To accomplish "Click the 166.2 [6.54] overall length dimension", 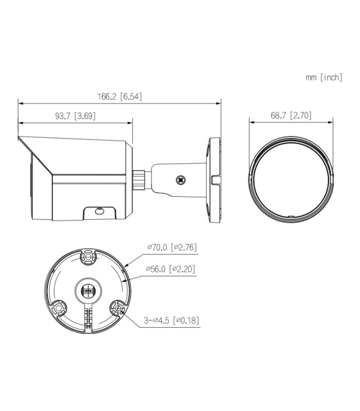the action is [x=120, y=97].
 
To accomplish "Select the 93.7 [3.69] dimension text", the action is [x=75, y=116].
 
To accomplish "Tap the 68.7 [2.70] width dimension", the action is [x=291, y=115].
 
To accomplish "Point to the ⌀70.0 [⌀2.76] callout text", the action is [x=172, y=247].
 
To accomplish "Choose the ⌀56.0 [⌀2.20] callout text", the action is [x=171, y=269].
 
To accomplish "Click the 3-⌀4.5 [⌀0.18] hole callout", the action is [x=171, y=320].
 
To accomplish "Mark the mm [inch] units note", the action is [x=324, y=78].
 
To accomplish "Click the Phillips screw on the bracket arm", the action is [x=181, y=180].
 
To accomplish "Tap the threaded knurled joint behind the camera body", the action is [x=139, y=180].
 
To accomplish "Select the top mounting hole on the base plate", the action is [x=88, y=257].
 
